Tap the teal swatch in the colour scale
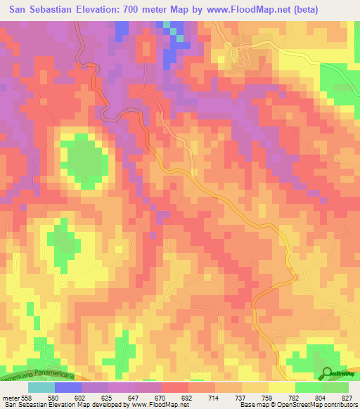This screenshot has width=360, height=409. click(x=41, y=387)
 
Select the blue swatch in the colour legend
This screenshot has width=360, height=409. click(x=68, y=387)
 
